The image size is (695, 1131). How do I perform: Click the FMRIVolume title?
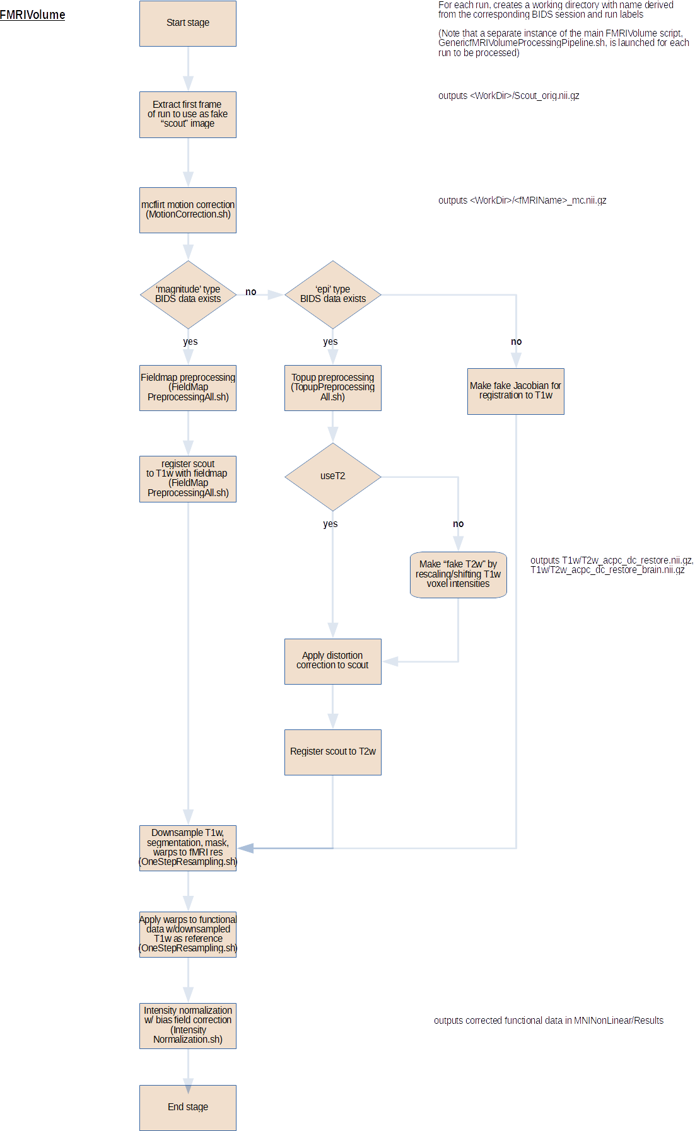click(x=32, y=14)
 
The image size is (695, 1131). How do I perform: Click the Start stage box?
click(x=188, y=23)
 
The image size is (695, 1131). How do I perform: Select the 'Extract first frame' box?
click(x=188, y=115)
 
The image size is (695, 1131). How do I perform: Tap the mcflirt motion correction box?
click(x=188, y=210)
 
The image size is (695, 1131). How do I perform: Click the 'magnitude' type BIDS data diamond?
click(x=188, y=294)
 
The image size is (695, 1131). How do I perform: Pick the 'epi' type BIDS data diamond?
click(x=333, y=294)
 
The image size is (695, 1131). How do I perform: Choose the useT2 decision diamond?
click(x=333, y=477)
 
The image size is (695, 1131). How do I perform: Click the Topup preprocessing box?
click(x=333, y=388)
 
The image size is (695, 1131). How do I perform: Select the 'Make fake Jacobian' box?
click(x=516, y=391)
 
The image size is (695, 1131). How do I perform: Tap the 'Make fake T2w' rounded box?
click(x=458, y=574)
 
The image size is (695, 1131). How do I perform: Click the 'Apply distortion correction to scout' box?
click(x=333, y=661)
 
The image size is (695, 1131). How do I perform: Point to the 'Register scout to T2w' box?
click(x=333, y=752)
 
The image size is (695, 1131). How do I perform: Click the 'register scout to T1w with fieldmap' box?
click(x=188, y=479)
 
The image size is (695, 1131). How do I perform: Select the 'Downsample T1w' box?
click(x=188, y=848)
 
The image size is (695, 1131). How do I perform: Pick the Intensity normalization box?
click(x=188, y=1026)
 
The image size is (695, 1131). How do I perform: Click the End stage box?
click(x=188, y=1108)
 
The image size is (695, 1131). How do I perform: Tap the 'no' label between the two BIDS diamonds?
click(x=251, y=292)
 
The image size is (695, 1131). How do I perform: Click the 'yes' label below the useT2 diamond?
click(x=330, y=524)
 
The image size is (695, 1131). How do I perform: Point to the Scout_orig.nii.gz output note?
click(x=508, y=96)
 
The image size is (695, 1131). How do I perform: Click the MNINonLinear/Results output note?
click(x=549, y=1021)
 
